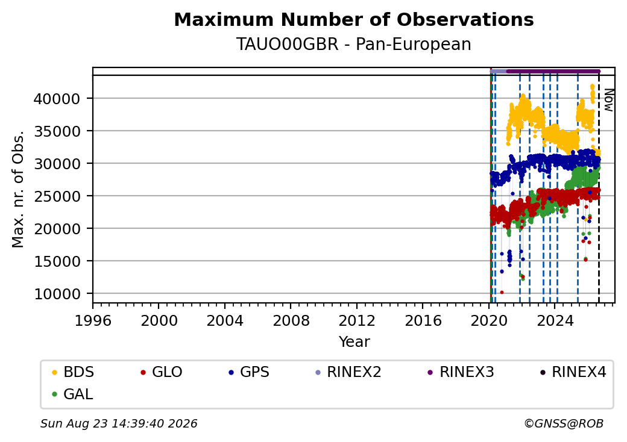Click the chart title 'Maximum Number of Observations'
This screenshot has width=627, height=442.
(x=354, y=19)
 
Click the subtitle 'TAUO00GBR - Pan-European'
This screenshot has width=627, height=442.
(x=354, y=44)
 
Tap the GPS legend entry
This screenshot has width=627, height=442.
(x=249, y=372)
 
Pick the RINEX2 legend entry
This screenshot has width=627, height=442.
(x=348, y=372)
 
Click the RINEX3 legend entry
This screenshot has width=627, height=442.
(x=461, y=372)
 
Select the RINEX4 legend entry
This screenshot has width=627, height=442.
(x=573, y=372)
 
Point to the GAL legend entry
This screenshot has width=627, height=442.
(x=72, y=394)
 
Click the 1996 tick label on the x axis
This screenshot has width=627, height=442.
(x=93, y=320)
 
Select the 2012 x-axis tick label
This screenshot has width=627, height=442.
(x=357, y=320)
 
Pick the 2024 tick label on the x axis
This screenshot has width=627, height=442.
(x=555, y=320)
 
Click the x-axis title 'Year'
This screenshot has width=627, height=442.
(x=354, y=342)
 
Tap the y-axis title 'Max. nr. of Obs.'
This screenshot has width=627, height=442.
(x=18, y=189)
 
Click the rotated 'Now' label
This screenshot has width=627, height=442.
(x=609, y=100)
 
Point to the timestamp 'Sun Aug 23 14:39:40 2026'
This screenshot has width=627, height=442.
(x=119, y=423)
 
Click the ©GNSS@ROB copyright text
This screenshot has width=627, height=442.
(x=564, y=423)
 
